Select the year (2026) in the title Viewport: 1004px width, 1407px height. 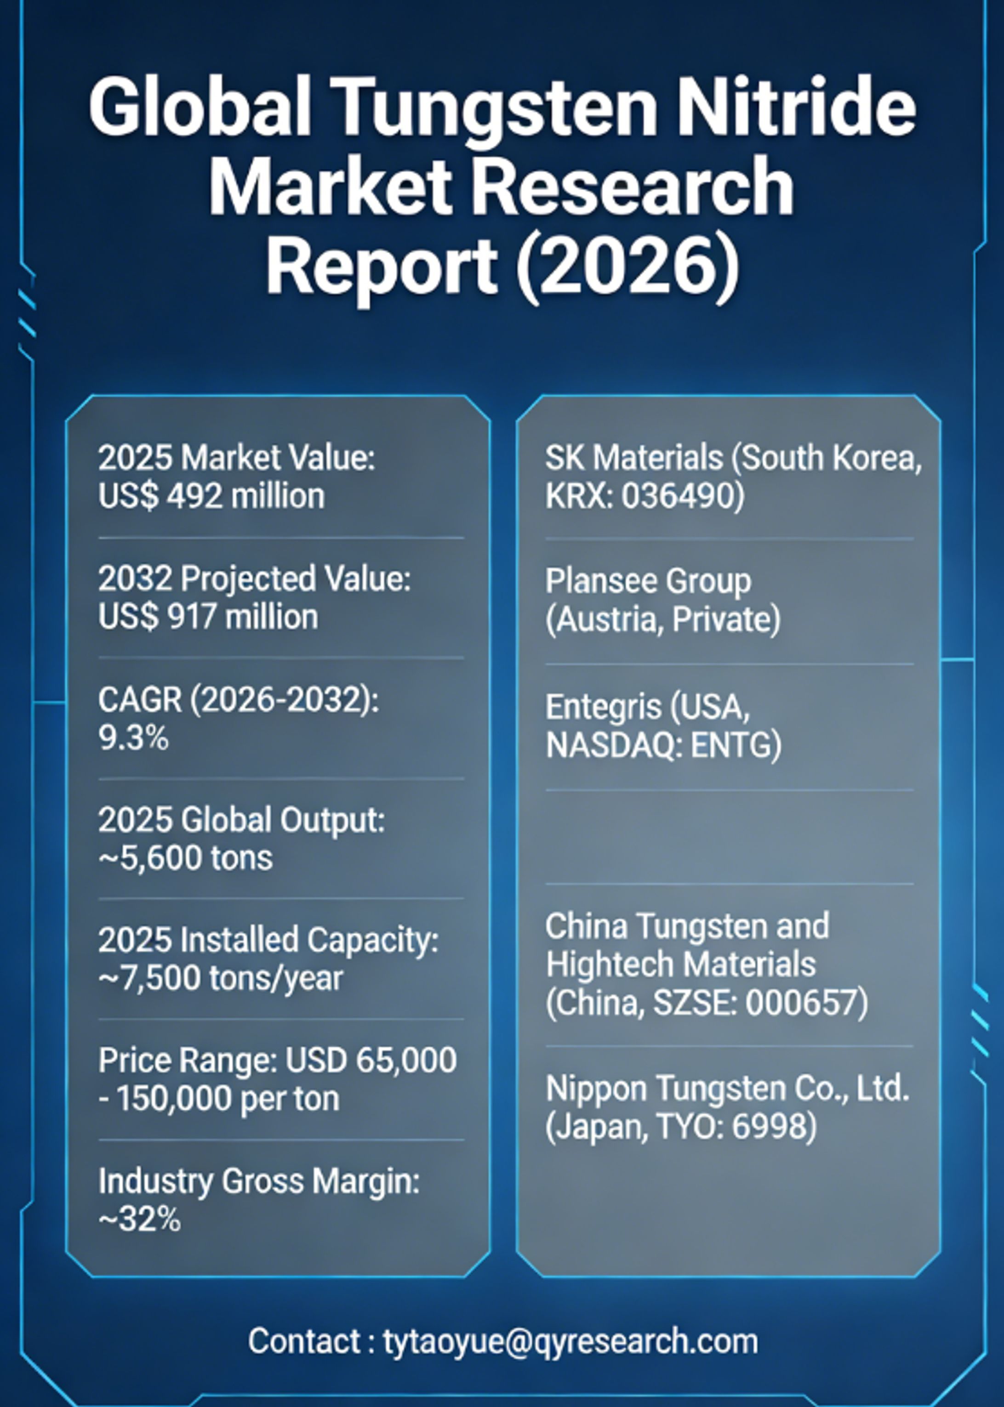click(x=627, y=267)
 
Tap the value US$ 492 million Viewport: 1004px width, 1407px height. click(x=211, y=496)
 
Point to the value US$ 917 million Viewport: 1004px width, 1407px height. click(x=208, y=617)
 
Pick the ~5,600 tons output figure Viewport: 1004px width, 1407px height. click(x=185, y=858)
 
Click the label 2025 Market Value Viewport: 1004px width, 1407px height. click(x=236, y=458)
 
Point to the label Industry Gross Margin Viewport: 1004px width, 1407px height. click(x=258, y=1181)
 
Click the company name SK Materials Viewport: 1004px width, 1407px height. click(x=633, y=458)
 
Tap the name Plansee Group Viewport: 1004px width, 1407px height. click(x=648, y=581)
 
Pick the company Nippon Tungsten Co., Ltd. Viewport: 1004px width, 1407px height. click(x=728, y=1088)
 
